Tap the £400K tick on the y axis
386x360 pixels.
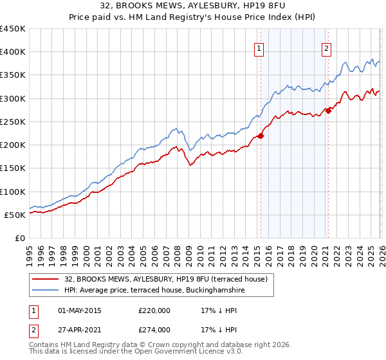[x=13, y=52]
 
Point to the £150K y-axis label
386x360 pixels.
[x=13, y=168]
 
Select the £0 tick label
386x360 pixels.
[x=21, y=238]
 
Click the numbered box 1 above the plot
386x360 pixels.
[x=259, y=48]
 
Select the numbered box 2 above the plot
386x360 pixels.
[x=326, y=48]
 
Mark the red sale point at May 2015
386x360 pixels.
[x=261, y=136]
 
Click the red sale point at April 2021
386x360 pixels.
[x=328, y=111]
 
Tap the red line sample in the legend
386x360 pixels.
[x=46, y=278]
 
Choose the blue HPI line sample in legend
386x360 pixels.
[x=46, y=291]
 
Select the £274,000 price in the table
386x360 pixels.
[x=154, y=330]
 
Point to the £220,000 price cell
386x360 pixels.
[x=154, y=311]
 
